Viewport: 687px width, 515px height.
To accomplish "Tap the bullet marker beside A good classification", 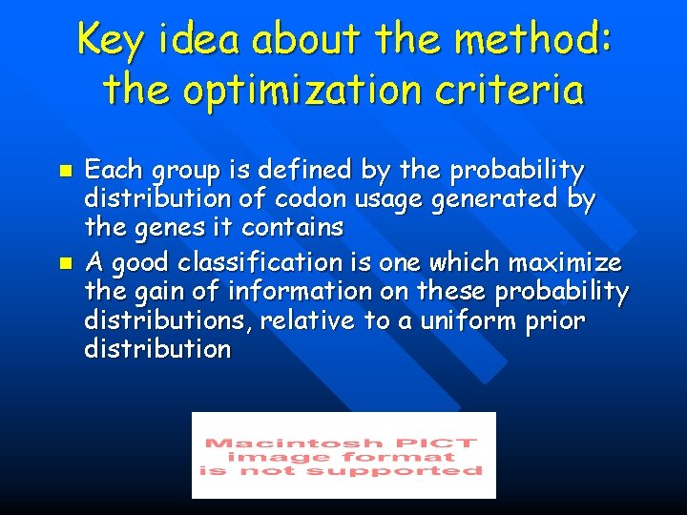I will [x=65, y=259].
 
